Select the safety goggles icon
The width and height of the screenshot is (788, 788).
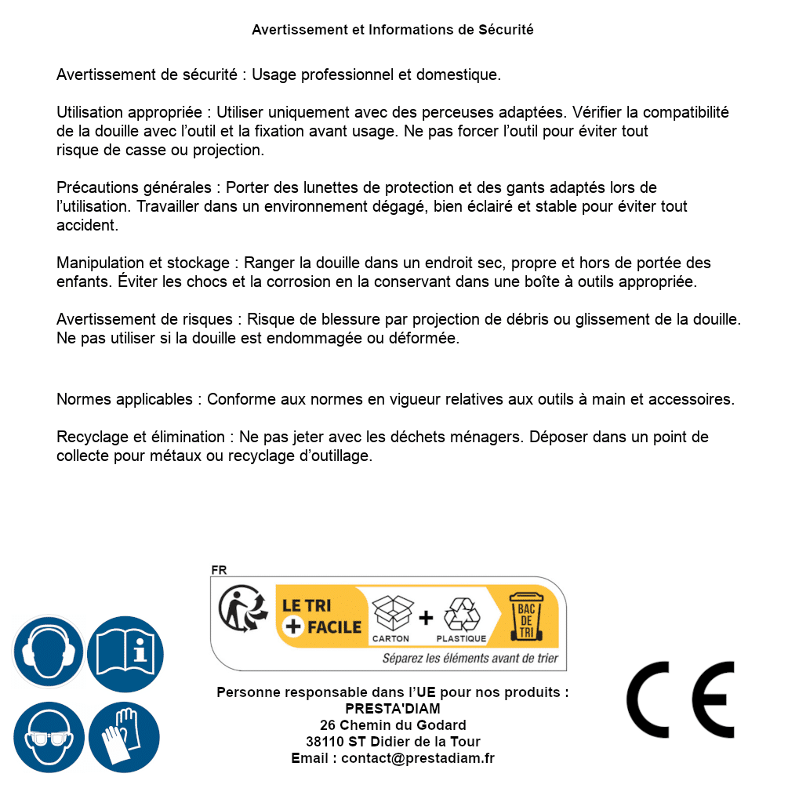pos(48,737)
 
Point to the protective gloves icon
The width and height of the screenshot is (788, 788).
pos(125,737)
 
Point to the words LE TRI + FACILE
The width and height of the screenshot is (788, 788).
pos(321,616)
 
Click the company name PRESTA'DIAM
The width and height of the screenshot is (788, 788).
pos(393,709)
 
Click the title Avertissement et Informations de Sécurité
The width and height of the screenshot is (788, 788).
pos(393,30)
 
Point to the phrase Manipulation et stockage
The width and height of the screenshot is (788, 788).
pos(143,263)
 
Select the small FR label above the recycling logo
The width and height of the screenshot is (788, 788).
pos(219,570)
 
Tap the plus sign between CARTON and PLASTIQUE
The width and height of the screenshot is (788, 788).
pos(426,617)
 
